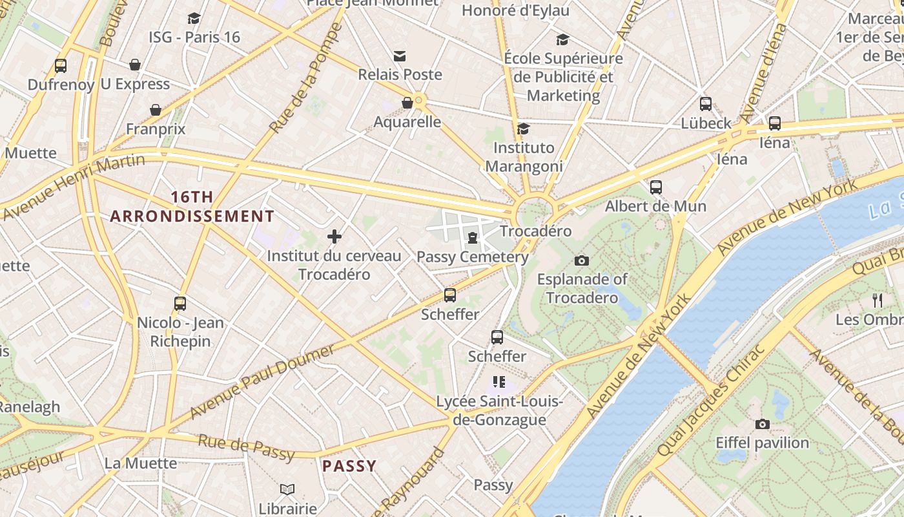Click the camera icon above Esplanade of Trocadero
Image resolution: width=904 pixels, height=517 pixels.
pyautogui.click(x=582, y=260)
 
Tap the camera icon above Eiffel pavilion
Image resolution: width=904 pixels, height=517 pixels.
pyautogui.click(x=763, y=425)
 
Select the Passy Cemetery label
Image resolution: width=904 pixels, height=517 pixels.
pyautogui.click(x=473, y=257)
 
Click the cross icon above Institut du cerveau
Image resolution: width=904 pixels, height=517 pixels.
pyautogui.click(x=334, y=237)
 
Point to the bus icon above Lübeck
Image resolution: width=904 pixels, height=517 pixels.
pyautogui.click(x=706, y=104)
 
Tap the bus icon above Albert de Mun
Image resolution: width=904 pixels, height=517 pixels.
pyautogui.click(x=656, y=187)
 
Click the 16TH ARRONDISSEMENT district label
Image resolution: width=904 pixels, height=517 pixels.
pyautogui.click(x=192, y=207)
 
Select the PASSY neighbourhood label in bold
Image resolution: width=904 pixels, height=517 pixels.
pyautogui.click(x=349, y=466)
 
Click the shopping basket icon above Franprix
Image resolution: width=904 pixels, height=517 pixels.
pyautogui.click(x=156, y=110)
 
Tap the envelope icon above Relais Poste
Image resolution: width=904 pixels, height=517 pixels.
pyautogui.click(x=400, y=56)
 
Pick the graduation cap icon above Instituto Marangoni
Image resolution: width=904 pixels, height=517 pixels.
pyautogui.click(x=524, y=129)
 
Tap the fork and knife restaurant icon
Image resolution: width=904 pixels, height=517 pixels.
pyautogui.click(x=877, y=300)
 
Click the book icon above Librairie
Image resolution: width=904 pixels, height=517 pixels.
pyautogui.click(x=287, y=490)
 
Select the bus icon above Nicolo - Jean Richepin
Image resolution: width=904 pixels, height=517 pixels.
pyautogui.click(x=180, y=304)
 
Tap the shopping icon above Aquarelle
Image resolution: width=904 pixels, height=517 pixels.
pyautogui.click(x=407, y=103)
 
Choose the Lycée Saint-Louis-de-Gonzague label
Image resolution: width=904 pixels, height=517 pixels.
pyautogui.click(x=500, y=411)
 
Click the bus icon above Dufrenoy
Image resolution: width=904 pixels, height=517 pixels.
pyautogui.click(x=61, y=65)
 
